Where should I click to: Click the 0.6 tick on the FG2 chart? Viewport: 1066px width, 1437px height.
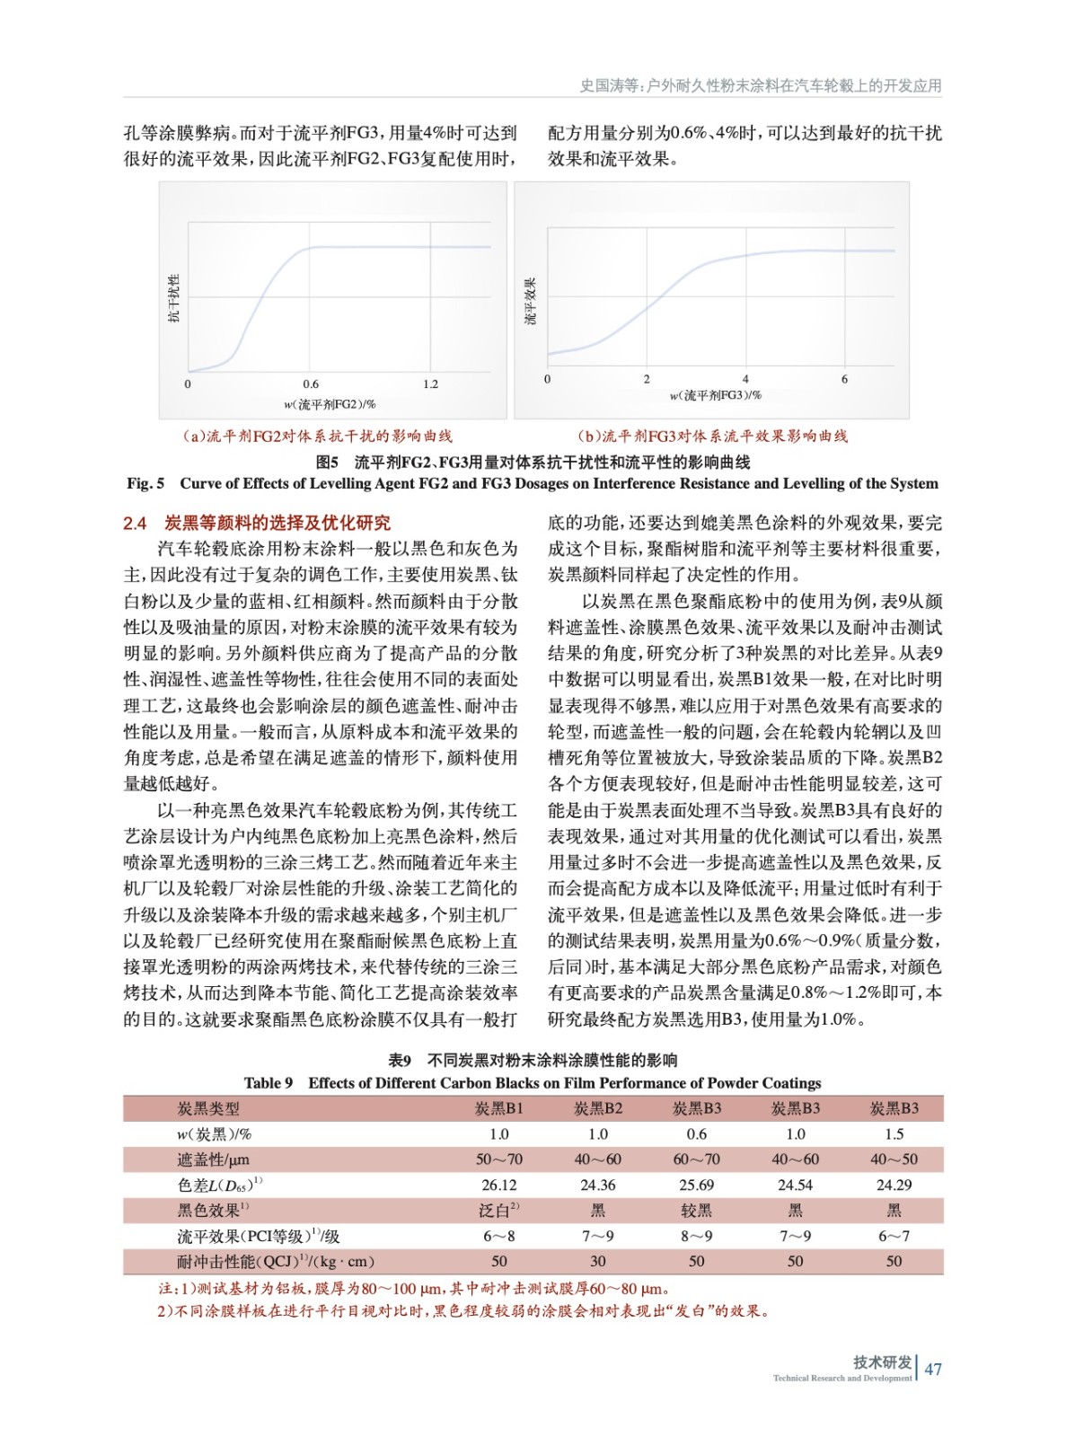pyautogui.click(x=311, y=384)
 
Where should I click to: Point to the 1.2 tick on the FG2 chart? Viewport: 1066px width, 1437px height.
pyautogui.click(x=431, y=384)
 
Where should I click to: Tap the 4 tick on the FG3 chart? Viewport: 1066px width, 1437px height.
pyautogui.click(x=745, y=379)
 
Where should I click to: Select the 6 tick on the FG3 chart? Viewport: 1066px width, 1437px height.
pyautogui.click(x=844, y=379)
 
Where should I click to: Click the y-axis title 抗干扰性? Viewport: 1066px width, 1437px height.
pyautogui.click(x=174, y=298)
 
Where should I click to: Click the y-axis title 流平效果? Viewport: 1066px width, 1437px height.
pyautogui.click(x=531, y=301)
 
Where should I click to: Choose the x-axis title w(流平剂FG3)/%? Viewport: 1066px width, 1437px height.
pyautogui.click(x=715, y=395)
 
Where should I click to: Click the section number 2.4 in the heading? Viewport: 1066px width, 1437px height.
pyautogui.click(x=135, y=524)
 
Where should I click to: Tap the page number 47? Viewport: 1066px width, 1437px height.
pyautogui.click(x=934, y=1369)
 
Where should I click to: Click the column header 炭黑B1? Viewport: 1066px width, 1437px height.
pyautogui.click(x=498, y=1108)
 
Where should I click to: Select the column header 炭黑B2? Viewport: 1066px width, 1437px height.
pyautogui.click(x=598, y=1108)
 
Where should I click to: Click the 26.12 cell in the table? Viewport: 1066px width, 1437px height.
pyautogui.click(x=498, y=1185)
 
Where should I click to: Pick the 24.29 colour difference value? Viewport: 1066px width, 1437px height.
pyautogui.click(x=894, y=1185)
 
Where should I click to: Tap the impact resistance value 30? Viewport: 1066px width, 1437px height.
pyautogui.click(x=598, y=1261)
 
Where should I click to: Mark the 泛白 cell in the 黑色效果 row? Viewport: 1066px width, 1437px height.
pyautogui.click(x=497, y=1211)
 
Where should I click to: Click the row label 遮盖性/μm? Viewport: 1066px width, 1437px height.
pyautogui.click(x=214, y=1159)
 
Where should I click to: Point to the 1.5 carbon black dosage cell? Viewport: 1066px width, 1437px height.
pyautogui.click(x=894, y=1134)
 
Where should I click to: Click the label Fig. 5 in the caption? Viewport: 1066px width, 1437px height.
pyautogui.click(x=145, y=483)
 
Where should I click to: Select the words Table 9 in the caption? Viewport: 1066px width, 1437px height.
pyautogui.click(x=268, y=1082)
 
